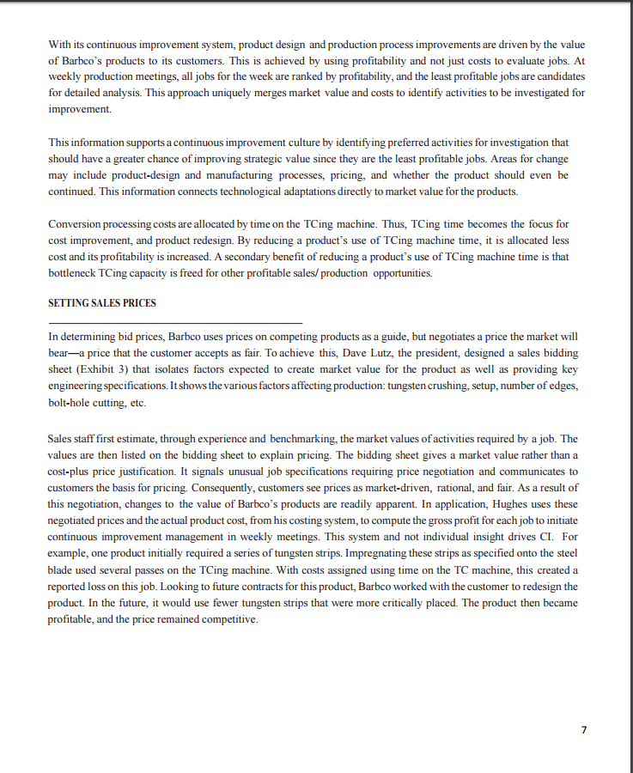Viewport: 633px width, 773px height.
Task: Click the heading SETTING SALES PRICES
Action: pyautogui.click(x=102, y=303)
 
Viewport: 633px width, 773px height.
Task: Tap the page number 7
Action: pyautogui.click(x=583, y=729)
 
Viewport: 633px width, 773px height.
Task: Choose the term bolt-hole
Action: pyautogui.click(x=70, y=402)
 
